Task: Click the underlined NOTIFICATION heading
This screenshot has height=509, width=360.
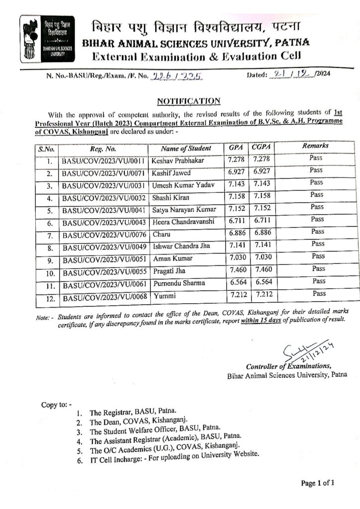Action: (x=188, y=101)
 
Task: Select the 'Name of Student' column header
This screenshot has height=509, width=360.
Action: (x=186, y=148)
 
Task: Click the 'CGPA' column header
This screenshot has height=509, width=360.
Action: (x=261, y=147)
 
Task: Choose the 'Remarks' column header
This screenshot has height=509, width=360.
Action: (x=315, y=146)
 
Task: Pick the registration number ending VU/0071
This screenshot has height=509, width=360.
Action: (x=103, y=173)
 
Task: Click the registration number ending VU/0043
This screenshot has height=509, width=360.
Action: (x=103, y=222)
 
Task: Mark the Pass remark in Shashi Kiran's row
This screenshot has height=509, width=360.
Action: (x=316, y=195)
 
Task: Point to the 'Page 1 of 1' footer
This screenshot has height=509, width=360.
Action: (x=318, y=483)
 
